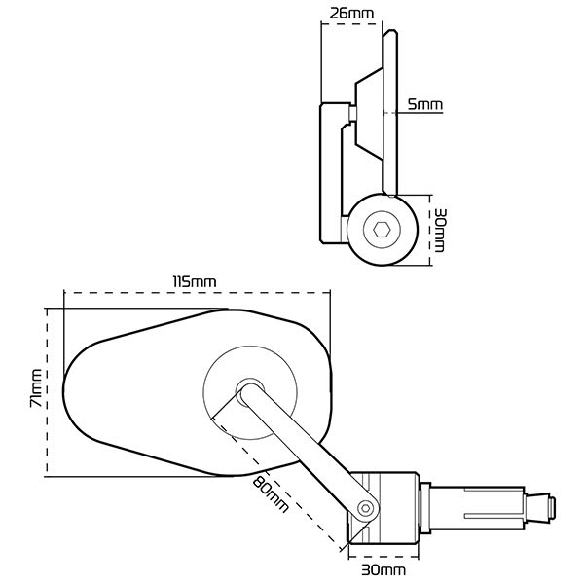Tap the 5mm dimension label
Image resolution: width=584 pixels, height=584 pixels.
tap(424, 103)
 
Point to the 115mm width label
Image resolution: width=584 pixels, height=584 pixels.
tap(194, 280)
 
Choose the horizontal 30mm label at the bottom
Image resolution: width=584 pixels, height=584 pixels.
tap(383, 568)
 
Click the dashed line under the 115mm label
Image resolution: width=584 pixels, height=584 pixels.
tap(195, 291)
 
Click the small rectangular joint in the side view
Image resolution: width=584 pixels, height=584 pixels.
tap(350, 114)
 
